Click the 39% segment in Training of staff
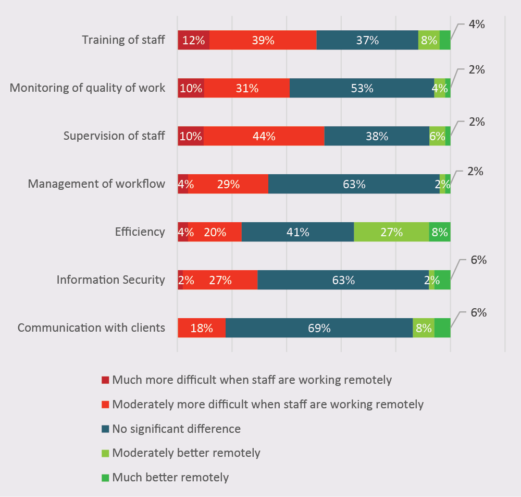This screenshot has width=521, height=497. tap(263, 40)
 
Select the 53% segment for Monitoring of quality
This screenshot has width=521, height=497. tap(362, 88)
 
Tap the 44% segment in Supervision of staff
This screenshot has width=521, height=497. tap(264, 136)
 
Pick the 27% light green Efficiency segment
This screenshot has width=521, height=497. tap(391, 232)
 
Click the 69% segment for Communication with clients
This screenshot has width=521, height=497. tap(319, 328)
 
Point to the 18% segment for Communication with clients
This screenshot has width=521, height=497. tap(202, 328)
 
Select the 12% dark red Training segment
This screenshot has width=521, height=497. tap(193, 40)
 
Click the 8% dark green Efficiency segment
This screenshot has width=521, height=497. tap(440, 232)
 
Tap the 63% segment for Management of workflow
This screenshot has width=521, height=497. tap(354, 184)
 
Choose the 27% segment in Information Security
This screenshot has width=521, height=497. tap(220, 280)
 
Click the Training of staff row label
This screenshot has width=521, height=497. tap(123, 40)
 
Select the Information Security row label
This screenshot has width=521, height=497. tap(110, 280)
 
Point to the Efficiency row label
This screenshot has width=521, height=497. tap(140, 232)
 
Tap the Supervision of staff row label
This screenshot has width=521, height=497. tap(114, 136)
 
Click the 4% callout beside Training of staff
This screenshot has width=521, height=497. tap(476, 24)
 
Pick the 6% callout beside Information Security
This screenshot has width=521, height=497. tap(478, 260)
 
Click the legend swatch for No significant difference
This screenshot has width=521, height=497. tap(105, 429)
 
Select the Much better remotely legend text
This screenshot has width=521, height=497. tap(170, 477)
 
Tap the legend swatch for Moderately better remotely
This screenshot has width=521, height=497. tap(105, 453)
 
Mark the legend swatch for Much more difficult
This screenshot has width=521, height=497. tap(105, 380)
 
